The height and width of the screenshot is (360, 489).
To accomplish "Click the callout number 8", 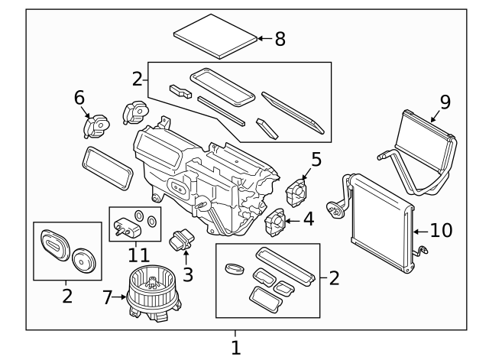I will (x=280, y=39).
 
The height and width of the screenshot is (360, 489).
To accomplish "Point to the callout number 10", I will (x=441, y=230).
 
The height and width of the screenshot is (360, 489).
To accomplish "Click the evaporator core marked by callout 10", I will (x=379, y=222).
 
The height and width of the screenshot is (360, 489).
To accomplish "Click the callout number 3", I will (x=187, y=274).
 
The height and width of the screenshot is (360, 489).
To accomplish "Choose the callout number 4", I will (x=308, y=219).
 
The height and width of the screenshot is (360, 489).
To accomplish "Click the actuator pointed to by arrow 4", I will (x=274, y=222).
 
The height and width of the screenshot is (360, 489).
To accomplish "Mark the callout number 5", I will (x=316, y=160).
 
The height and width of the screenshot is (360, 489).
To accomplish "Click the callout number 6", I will (x=79, y=97).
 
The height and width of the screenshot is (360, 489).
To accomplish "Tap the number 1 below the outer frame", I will (x=235, y=348).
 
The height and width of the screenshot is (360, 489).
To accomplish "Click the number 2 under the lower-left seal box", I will (x=67, y=296).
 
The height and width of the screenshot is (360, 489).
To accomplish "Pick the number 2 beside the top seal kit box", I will (x=138, y=78).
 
